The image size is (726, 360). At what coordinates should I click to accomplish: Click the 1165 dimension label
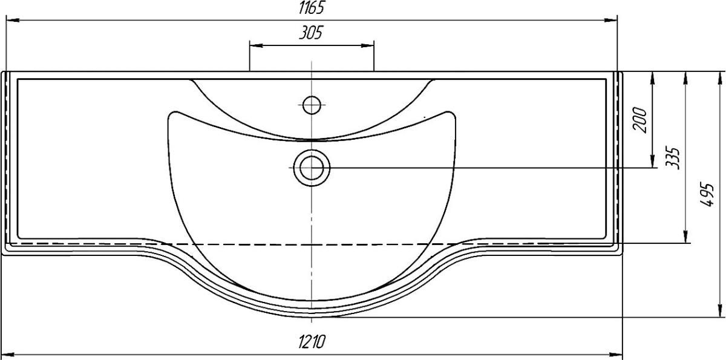pos(311,8)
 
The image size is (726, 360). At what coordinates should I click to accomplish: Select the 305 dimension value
pos(311,33)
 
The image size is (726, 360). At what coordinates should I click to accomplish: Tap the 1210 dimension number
pos(312,341)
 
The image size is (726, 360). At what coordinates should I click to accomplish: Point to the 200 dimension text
pos(640,120)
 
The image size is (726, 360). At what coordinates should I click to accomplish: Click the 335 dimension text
pos(672,158)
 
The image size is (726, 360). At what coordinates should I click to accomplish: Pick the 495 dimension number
pos(707,195)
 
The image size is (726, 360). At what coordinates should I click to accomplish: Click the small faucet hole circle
pos(312,105)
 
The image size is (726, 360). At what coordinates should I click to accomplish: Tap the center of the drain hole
pos(312,168)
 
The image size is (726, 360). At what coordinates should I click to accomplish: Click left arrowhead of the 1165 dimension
pos(12,20)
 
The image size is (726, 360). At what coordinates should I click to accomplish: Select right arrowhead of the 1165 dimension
pos(611,20)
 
